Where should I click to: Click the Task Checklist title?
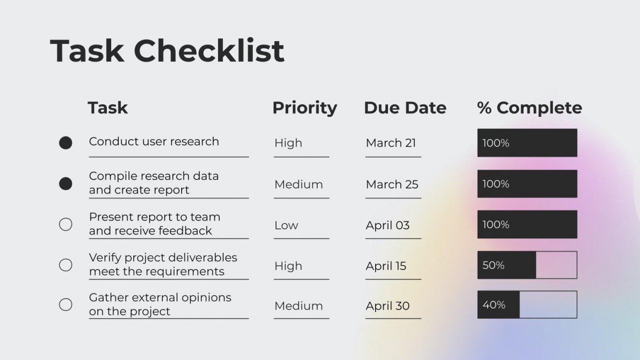pos(167,51)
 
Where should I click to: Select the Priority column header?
pos(305,108)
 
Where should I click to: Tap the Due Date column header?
pos(405,108)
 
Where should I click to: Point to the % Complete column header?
pos(529,108)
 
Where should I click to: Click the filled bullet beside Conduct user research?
pos(66,143)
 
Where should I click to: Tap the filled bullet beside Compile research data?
pos(66,183)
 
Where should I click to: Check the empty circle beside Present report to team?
pos(66,224)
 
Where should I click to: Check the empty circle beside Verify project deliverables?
pos(66,265)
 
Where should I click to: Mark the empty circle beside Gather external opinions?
pos(66,304)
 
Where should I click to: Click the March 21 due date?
pos(391,143)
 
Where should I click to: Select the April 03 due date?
pos(388,225)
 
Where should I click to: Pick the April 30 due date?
pos(388,306)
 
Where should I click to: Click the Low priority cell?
pos(286,225)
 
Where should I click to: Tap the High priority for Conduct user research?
pos(288,143)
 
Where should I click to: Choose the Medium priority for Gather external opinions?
pos(298,306)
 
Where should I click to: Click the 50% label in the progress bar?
pos(493,265)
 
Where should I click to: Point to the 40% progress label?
pos(493,305)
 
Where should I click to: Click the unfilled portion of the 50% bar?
pos(556,265)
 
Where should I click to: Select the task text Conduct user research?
pos(154,142)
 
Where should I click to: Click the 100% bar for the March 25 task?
pos(527,184)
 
